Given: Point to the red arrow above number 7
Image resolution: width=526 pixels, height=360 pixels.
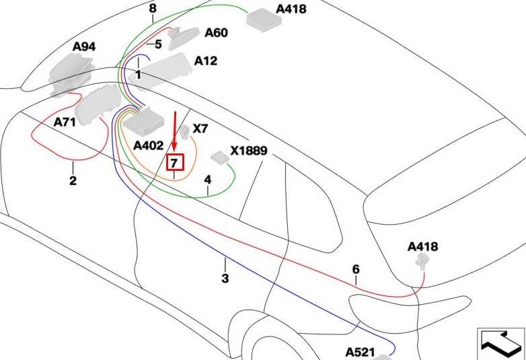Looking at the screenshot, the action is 174,131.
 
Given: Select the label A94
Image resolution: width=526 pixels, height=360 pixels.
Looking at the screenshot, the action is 84,47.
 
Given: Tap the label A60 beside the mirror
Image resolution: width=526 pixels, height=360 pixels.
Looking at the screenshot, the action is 217,33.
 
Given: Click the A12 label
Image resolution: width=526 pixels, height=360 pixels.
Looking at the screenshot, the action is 206,61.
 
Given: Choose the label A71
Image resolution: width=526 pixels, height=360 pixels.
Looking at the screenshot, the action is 65,122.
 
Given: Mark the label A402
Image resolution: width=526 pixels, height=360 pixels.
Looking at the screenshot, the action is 148,145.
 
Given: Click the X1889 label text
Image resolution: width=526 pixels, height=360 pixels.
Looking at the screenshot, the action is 249,151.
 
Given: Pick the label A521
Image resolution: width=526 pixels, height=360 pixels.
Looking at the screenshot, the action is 360,353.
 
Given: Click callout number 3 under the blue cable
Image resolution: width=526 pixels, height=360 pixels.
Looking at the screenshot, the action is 225,278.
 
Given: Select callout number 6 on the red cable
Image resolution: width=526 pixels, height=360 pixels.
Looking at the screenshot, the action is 356,269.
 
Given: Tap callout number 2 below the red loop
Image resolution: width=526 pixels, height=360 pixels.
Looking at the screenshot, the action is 73,180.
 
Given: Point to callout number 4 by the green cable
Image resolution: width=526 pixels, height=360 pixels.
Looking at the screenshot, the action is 208,180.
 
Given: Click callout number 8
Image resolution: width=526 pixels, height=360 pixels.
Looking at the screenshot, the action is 153,8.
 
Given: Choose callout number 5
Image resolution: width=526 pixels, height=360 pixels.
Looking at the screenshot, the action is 158,44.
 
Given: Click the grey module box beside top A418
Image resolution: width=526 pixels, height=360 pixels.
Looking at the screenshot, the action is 264,20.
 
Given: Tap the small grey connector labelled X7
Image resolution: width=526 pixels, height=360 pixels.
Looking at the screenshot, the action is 185,132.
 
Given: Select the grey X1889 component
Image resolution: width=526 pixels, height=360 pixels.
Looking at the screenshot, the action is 220,157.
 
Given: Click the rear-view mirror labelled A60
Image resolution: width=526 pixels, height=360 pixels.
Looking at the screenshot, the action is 183,38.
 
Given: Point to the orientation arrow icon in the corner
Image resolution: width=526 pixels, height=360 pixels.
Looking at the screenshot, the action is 502,343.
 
